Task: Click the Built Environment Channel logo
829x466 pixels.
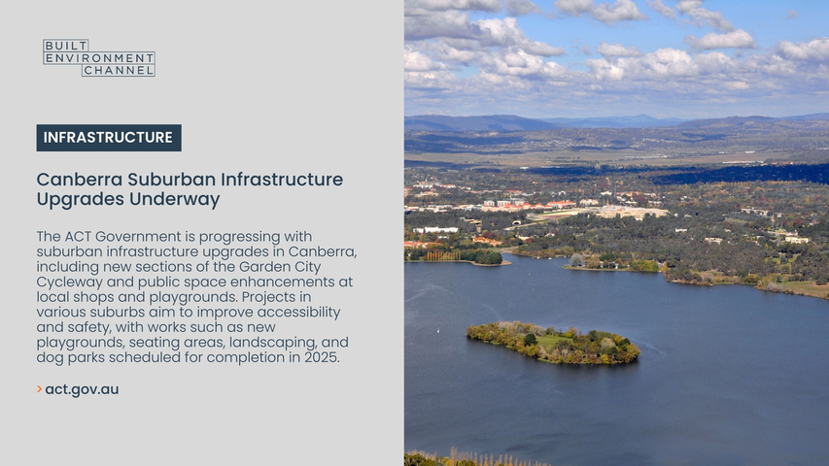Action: click(x=99, y=57)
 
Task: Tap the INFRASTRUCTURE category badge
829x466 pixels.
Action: click(x=109, y=138)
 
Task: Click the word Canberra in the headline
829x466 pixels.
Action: click(x=80, y=180)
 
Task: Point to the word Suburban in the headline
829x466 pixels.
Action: click(x=171, y=180)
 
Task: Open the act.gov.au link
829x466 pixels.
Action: click(x=82, y=390)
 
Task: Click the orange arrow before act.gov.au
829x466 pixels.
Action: click(x=39, y=389)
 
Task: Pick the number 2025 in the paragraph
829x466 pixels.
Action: click(x=321, y=357)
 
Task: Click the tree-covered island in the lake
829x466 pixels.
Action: click(x=553, y=343)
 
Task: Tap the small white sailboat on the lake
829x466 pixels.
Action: click(x=438, y=330)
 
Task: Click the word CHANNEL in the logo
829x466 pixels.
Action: click(x=119, y=70)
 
